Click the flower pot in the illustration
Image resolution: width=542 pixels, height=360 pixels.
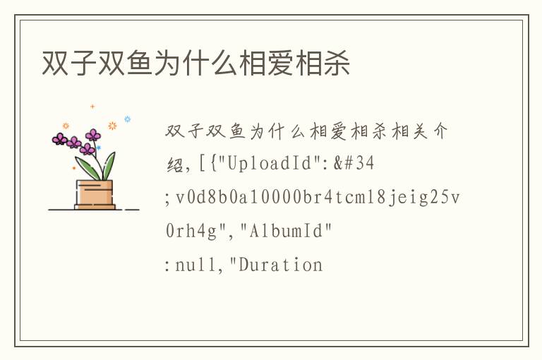[x=95, y=194]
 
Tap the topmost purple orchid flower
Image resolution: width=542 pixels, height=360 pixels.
[x=93, y=135]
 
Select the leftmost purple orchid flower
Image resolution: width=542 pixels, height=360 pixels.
[x=59, y=139]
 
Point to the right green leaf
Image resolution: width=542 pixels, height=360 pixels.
[x=109, y=166]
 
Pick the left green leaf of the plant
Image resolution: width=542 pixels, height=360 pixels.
[x=85, y=167]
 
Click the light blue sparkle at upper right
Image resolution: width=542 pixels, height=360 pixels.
[x=128, y=119]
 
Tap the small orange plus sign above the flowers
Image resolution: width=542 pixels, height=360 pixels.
[x=92, y=107]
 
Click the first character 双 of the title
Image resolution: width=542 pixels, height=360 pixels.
[x=55, y=64]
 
